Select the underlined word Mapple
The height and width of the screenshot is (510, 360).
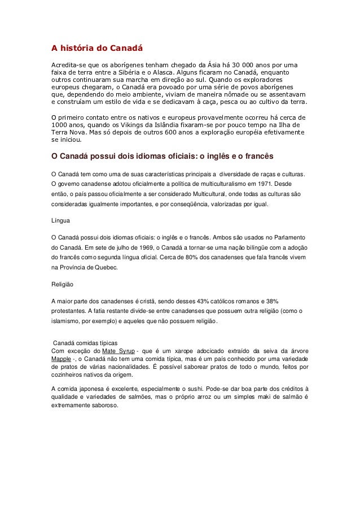click(60, 360)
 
